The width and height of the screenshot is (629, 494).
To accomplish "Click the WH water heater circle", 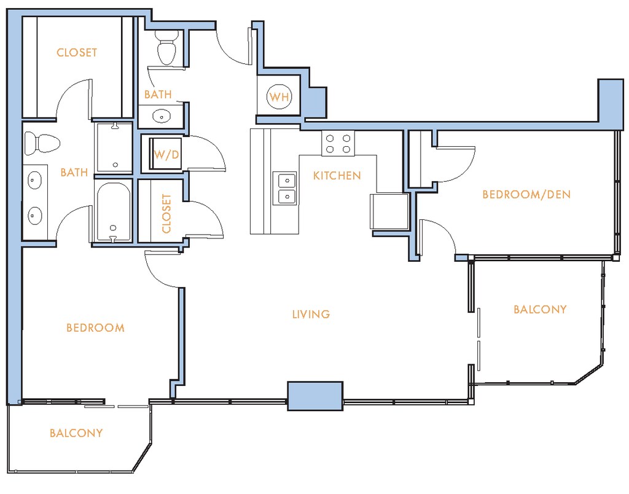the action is coord(279,96).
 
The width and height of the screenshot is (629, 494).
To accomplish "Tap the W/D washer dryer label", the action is coord(166,154).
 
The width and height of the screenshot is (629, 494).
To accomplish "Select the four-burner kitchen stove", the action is coord(338,144).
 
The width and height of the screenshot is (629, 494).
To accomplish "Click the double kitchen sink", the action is coord(285,188).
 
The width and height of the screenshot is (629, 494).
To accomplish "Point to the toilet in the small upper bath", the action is coord(167,47).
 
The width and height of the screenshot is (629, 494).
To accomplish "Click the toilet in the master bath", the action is coord(42,144).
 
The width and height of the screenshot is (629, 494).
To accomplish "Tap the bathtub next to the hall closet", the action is coord(113,212).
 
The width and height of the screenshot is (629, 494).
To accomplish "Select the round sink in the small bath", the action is coord(162,117).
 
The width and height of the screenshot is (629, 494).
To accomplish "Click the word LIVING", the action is coord(311,314).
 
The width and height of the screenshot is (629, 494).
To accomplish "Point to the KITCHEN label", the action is coord(337,175).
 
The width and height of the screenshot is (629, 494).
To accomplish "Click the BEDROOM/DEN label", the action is coord(526,195).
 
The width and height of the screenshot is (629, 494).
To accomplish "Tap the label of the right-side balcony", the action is coord(540,310).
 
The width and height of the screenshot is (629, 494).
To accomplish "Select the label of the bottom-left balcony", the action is coord(76,433).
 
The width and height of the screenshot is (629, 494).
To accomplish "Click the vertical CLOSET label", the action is coord(166,213).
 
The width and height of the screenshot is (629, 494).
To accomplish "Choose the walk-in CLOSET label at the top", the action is coord(77,53).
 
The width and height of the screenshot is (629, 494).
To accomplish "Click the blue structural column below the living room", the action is coord(315,396).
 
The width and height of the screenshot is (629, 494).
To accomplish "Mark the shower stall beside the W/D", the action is coord(114,147).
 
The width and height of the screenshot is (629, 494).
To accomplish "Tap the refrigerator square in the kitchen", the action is coord(389,211).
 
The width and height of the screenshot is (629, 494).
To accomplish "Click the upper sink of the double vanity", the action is coord(34,181).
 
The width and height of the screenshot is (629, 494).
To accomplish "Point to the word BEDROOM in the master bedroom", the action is coord(95,328).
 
